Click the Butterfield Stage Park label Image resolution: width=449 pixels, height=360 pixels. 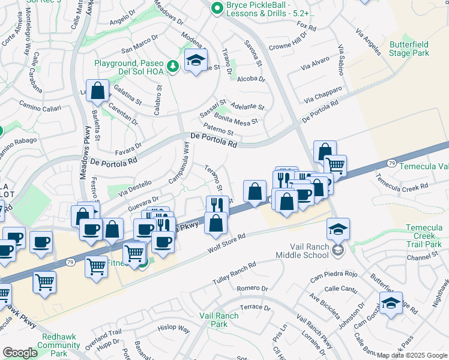(x=409, y=49)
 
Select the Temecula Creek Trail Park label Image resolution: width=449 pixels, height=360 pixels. (x=423, y=236)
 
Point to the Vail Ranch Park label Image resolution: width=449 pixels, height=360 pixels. (x=215, y=320)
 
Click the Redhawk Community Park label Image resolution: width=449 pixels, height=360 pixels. (x=59, y=349)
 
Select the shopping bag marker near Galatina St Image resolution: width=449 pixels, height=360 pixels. (x=98, y=91)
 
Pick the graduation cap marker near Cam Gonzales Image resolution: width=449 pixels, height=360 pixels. (x=391, y=303)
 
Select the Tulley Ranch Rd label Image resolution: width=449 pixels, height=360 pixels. (x=234, y=272)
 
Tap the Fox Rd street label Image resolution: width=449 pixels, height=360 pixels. (x=306, y=27)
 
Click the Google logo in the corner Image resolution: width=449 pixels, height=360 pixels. (x=20, y=353)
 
